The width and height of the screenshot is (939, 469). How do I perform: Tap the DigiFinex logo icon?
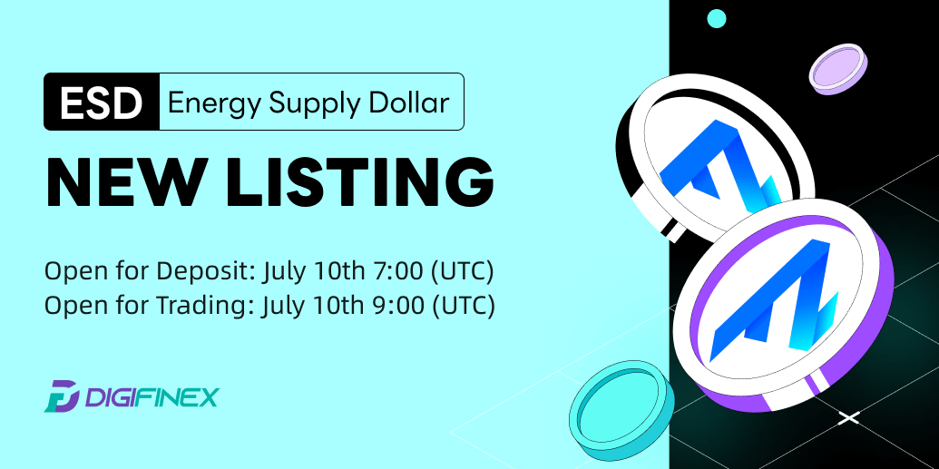coord(62,396)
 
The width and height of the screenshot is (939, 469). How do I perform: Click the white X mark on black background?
coord(848,417)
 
